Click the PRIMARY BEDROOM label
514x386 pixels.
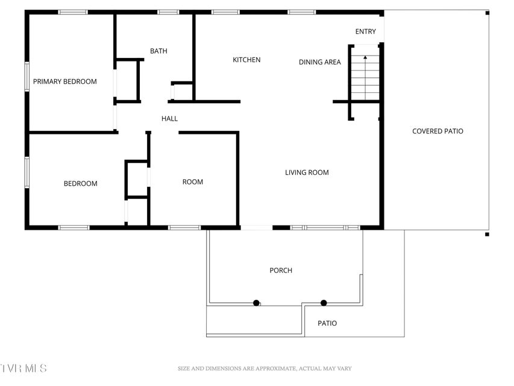65,81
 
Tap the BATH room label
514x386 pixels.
158,51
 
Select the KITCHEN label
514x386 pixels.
246,60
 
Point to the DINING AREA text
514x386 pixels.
319,62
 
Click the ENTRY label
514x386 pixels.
366,31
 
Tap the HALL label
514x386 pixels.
169,118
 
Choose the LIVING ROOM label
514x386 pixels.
307,172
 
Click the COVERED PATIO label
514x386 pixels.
437,131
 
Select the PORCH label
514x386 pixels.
281,270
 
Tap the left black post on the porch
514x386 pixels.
256,303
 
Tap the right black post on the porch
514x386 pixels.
324,303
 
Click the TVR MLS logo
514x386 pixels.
24,369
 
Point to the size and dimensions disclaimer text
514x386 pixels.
265,369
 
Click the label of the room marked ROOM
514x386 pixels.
193,182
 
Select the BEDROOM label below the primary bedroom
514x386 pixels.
80,183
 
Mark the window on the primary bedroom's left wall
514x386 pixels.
27,77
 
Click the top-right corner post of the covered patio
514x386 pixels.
487,13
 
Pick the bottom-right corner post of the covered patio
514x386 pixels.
487,235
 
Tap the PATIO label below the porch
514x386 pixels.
327,323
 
